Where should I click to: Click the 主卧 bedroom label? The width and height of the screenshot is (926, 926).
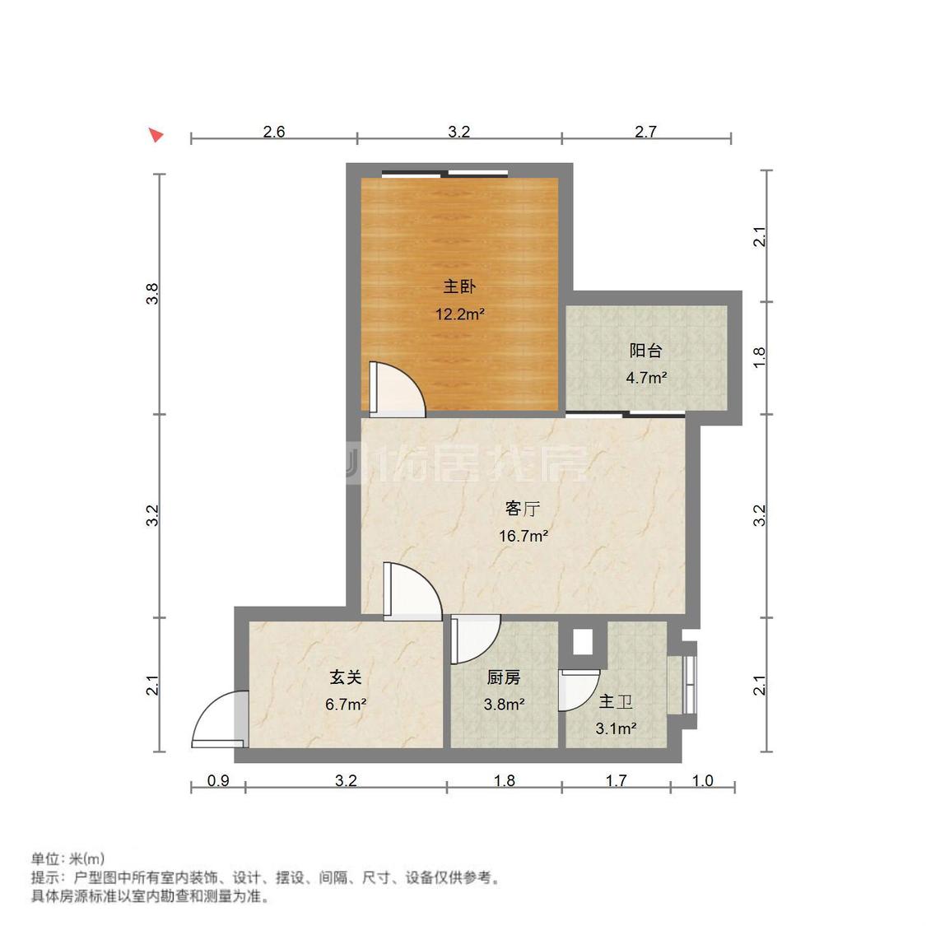(459, 286)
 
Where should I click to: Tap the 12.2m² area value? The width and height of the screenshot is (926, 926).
(459, 314)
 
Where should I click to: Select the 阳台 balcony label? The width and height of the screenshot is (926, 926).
(645, 351)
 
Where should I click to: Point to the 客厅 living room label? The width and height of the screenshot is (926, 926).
(522, 509)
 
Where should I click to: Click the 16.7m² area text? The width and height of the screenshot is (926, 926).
(523, 537)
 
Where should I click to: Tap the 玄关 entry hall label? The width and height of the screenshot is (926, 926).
(346, 677)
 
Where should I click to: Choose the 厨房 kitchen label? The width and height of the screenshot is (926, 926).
(504, 677)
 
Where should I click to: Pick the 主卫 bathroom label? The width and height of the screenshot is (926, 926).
(616, 702)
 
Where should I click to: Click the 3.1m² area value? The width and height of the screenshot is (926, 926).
(616, 728)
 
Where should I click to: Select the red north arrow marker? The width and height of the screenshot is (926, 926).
(156, 134)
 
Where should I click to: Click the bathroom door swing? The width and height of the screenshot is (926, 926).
(578, 690)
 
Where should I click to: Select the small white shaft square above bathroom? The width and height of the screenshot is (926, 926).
(583, 641)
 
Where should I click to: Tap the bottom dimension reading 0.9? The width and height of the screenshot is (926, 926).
(218, 781)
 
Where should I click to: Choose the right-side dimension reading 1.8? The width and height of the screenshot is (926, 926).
(761, 356)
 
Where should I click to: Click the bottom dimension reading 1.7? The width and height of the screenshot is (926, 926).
(616, 781)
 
